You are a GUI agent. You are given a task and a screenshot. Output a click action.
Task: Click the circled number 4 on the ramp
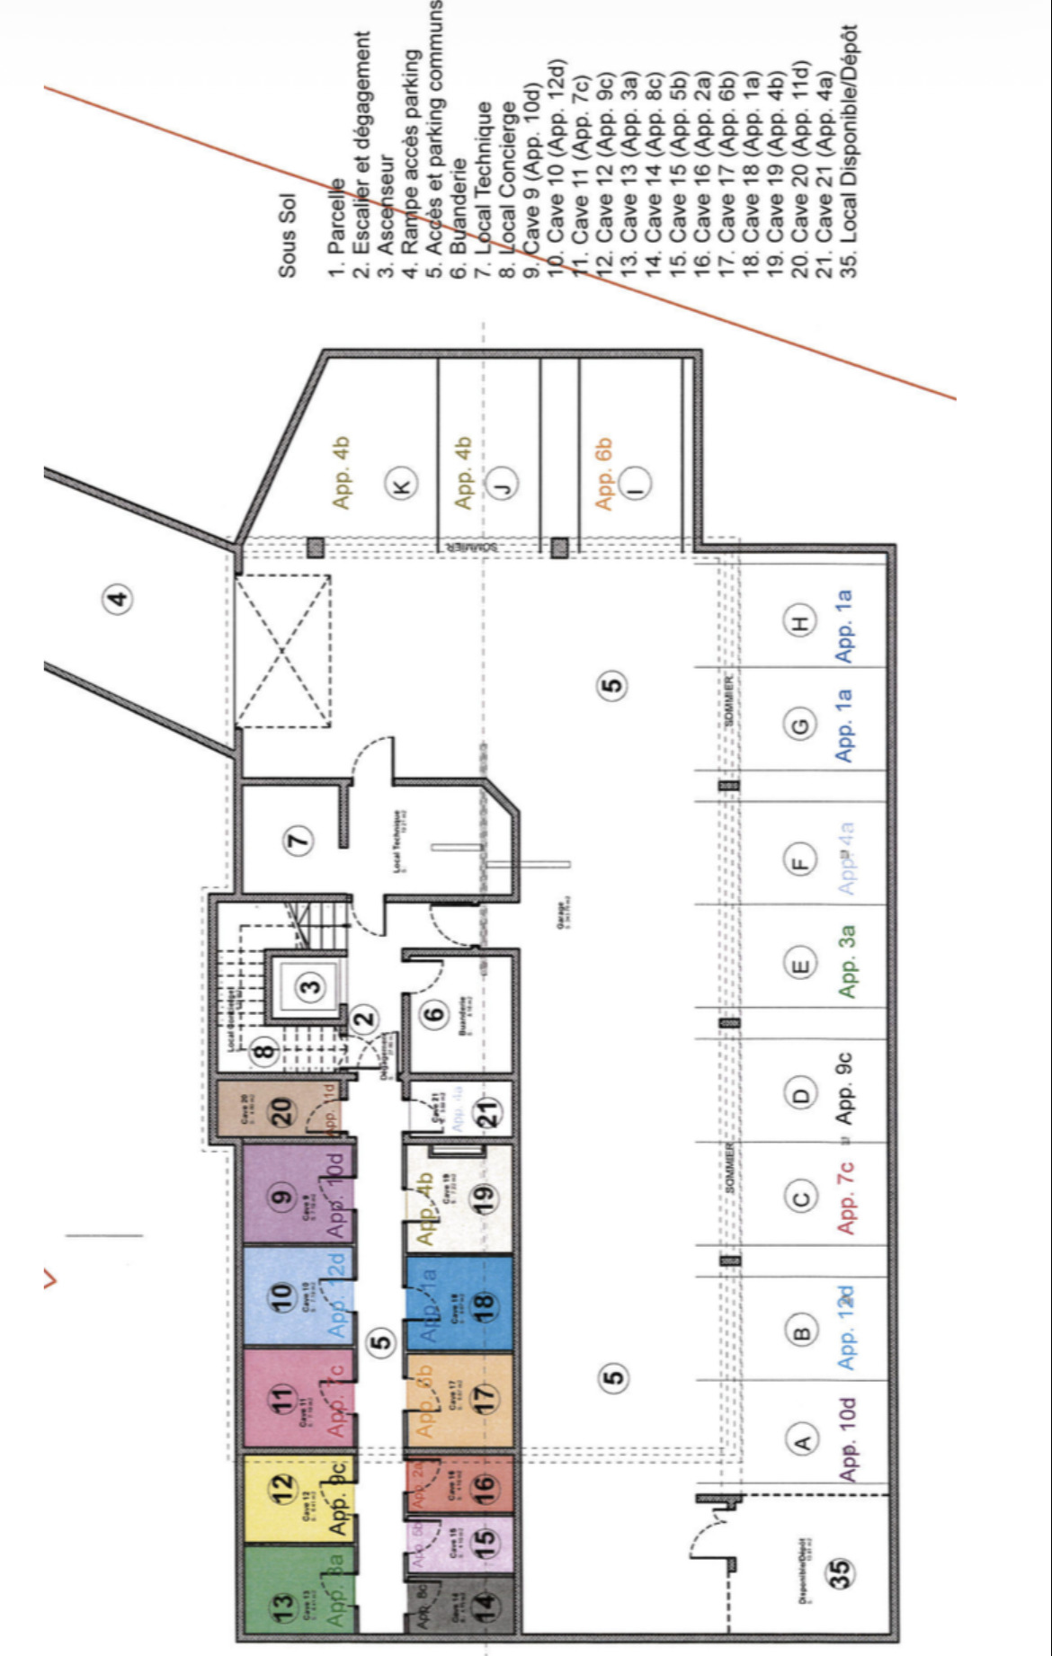click(x=118, y=599)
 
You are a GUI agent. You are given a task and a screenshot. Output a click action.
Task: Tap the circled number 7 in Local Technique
click(x=299, y=841)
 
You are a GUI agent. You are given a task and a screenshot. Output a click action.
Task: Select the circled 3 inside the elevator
click(x=310, y=987)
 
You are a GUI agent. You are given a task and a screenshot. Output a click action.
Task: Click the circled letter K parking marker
click(x=402, y=485)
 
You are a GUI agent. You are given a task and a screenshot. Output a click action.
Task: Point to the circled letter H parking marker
click(x=800, y=621)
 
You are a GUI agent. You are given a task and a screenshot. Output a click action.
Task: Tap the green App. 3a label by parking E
click(x=846, y=961)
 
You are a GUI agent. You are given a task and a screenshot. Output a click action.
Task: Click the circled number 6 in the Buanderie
click(x=435, y=1014)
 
